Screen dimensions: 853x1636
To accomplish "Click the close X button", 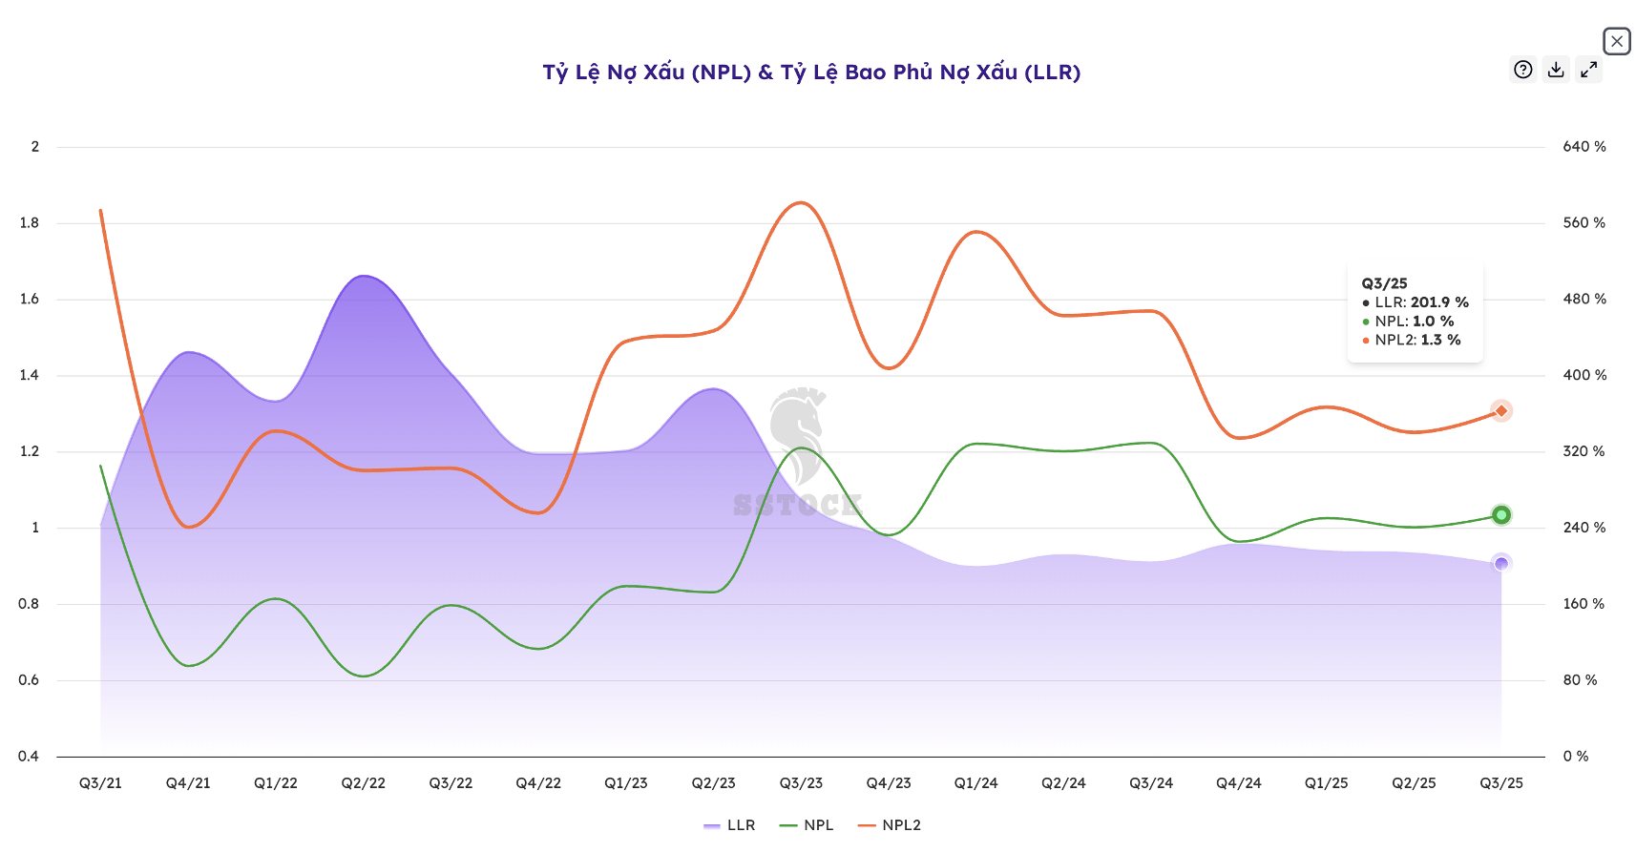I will [x=1616, y=41].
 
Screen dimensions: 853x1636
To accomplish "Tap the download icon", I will [x=1556, y=70].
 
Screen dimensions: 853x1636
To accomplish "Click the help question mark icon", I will [x=1523, y=70].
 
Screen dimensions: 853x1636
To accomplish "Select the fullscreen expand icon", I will [x=1588, y=70].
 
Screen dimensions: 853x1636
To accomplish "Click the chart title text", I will [x=811, y=73].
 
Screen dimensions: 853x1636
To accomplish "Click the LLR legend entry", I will [x=730, y=825].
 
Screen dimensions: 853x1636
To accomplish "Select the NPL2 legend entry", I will [x=890, y=825].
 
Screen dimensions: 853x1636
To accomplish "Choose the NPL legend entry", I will [x=808, y=825].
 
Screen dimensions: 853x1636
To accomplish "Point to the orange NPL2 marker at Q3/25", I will [x=1501, y=411].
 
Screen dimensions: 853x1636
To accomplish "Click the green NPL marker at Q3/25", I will [x=1501, y=515].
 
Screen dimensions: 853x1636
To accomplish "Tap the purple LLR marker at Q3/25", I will [x=1501, y=564].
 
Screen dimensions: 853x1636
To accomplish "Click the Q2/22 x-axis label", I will [x=364, y=783].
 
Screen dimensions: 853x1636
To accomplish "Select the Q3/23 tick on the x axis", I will [x=801, y=783].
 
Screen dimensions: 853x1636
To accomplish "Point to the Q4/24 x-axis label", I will [x=1239, y=783].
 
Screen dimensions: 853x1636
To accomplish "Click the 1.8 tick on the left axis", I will [x=30, y=223].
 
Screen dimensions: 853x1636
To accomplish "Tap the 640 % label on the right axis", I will [x=1584, y=147].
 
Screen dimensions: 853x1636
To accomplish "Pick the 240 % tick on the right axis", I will [x=1584, y=528].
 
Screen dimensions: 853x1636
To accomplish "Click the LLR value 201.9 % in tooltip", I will [x=1439, y=302].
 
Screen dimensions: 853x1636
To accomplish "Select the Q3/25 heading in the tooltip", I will [x=1384, y=283].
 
